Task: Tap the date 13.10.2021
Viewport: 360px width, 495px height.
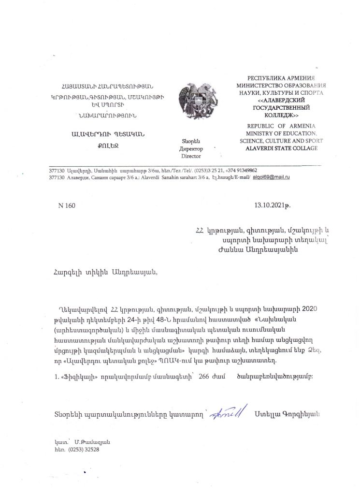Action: click(273, 205)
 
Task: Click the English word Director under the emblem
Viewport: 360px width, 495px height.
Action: click(191, 157)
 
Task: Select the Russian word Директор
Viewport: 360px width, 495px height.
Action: click(191, 149)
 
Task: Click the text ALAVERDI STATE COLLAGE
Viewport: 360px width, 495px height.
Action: click(282, 148)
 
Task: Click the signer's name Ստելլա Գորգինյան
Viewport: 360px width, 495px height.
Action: click(287, 415)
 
